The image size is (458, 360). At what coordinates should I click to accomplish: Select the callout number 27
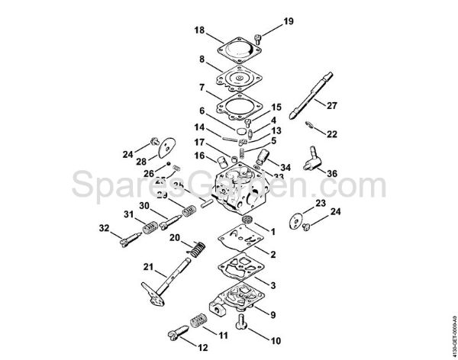pos(332,104)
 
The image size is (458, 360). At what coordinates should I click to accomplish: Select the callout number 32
pos(103,228)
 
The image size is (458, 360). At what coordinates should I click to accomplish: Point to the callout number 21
pos(147,268)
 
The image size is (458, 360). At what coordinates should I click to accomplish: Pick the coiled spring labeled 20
pos(198,248)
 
